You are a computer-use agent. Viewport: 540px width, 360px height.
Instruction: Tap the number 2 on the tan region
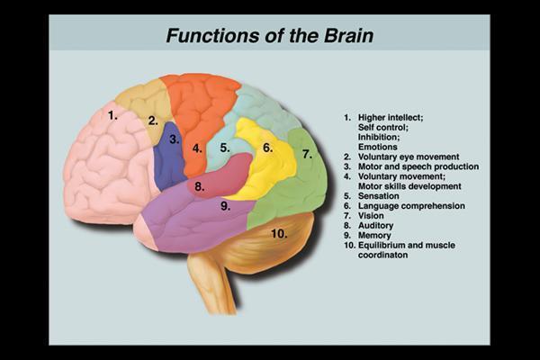point(153,120)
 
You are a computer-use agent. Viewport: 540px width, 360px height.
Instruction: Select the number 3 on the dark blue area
point(175,139)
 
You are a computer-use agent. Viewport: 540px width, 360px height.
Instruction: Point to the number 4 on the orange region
point(197,148)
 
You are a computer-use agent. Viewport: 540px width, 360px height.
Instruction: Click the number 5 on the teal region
point(225,147)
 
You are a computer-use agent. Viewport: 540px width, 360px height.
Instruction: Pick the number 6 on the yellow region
point(267,147)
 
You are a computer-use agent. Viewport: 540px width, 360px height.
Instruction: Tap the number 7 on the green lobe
point(307,154)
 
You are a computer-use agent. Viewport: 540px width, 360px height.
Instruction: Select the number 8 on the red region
point(200,187)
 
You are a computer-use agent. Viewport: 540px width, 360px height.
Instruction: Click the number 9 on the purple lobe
point(226,205)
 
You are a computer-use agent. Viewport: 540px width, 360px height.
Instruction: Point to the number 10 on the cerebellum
point(279,233)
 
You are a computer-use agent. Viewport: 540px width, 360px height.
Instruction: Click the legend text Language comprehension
point(410,206)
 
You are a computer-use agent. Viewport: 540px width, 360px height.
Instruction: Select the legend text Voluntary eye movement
point(409,157)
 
